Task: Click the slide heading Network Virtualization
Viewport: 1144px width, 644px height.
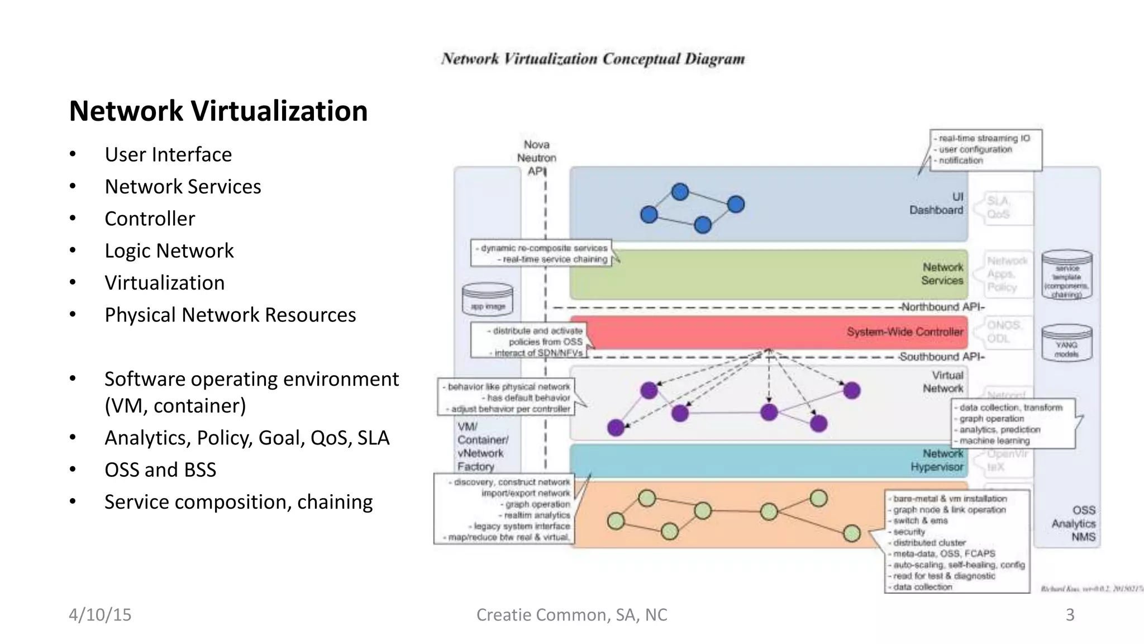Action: pos(218,111)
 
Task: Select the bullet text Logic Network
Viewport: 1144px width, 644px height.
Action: pos(169,250)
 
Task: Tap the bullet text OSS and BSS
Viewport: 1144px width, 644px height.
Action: pos(160,470)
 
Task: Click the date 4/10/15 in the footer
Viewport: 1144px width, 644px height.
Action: pos(100,614)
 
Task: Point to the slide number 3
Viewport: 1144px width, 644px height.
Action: pos(1070,614)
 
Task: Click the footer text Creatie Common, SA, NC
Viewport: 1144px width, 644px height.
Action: pos(571,614)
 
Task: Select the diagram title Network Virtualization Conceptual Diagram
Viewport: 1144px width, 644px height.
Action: pos(593,59)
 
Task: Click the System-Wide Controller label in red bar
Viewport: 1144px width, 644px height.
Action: pos(905,332)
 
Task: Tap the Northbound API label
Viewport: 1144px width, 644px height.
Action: pos(942,307)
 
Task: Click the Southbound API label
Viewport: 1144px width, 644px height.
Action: pos(942,357)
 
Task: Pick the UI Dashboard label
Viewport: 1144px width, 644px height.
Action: pos(937,203)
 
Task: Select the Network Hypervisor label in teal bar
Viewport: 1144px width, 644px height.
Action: pos(937,460)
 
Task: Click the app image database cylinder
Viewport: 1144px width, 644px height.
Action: pos(488,300)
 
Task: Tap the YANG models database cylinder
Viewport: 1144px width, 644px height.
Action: pos(1066,342)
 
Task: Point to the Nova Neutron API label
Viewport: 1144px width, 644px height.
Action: pos(536,158)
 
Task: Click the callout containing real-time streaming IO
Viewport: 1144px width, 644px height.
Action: pos(986,149)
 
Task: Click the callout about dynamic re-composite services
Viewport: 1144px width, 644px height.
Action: pos(541,254)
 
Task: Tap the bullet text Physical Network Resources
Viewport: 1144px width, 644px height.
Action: pos(230,315)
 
